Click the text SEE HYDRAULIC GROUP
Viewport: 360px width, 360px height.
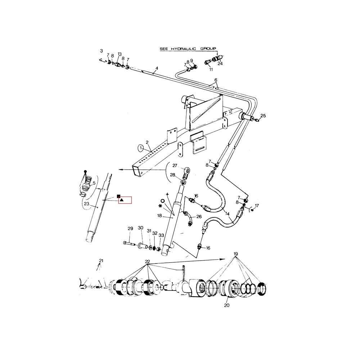188,49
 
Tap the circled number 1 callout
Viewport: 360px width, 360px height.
141,148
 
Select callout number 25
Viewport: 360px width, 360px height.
263,116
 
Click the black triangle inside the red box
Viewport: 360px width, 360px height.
122,200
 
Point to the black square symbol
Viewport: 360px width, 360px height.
119,196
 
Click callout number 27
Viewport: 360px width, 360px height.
175,166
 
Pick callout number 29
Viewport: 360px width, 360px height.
130,229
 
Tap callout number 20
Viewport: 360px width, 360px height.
226,305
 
